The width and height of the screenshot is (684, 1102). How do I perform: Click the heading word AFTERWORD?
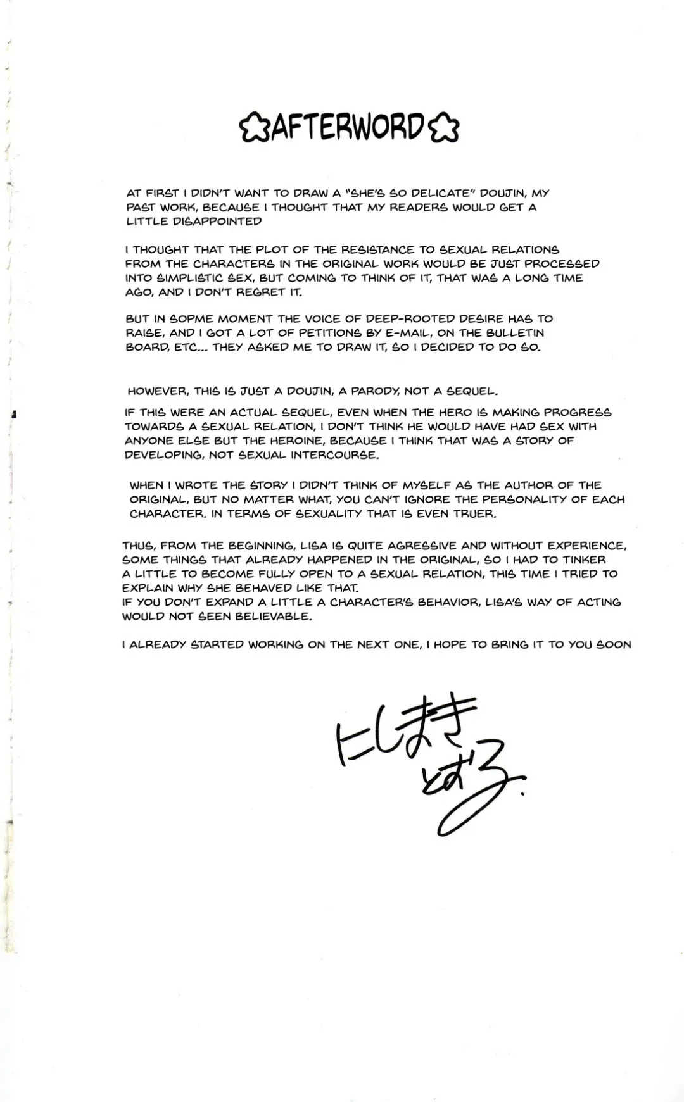349,128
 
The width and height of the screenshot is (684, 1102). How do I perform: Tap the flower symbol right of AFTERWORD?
443,129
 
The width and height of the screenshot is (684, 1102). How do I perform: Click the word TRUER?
474,513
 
